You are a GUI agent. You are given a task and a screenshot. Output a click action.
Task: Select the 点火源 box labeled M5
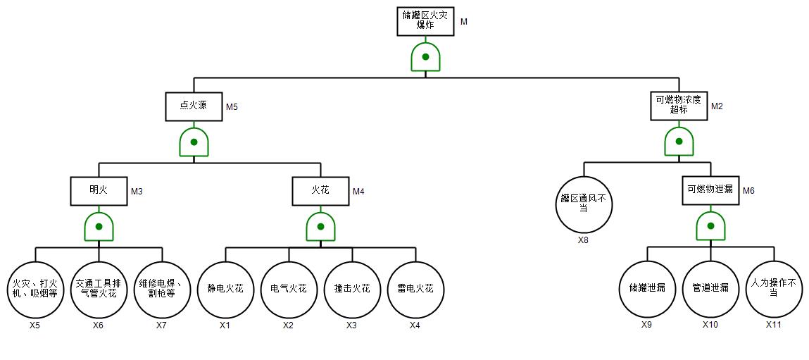click(194, 106)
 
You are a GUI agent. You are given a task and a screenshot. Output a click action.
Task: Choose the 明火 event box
click(99, 190)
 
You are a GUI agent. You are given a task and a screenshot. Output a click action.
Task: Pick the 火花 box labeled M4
click(320, 190)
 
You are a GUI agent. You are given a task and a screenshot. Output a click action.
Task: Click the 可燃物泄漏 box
click(710, 190)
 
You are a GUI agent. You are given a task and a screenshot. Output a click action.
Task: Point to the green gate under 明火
click(99, 226)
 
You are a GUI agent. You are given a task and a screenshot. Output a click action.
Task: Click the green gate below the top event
click(425, 57)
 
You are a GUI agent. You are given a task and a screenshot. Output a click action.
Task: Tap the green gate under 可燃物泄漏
click(710, 226)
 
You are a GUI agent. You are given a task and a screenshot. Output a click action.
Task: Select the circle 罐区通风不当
click(584, 204)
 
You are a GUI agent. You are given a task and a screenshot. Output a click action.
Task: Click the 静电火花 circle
click(225, 289)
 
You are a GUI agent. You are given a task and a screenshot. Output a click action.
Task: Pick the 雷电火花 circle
click(415, 289)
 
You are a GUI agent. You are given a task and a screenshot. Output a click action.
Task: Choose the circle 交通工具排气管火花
click(99, 289)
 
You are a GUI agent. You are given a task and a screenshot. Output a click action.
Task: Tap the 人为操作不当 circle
click(774, 289)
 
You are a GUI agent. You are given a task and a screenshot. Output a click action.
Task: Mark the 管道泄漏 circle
click(710, 289)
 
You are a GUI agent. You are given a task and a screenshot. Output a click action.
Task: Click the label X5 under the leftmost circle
click(35, 325)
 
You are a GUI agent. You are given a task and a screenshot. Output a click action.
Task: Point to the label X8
click(584, 240)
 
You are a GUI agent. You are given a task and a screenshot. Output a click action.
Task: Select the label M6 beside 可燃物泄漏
click(748, 191)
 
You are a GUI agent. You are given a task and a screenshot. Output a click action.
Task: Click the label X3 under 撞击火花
click(352, 325)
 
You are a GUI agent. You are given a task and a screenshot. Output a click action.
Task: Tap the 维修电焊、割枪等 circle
click(162, 289)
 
